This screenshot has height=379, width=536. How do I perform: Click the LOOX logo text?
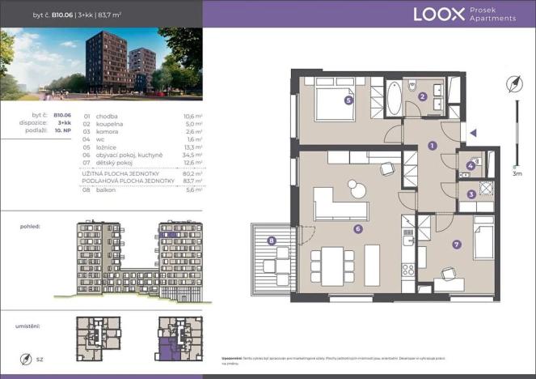tap(438, 14)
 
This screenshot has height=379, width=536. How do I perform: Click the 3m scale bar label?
tap(517, 173)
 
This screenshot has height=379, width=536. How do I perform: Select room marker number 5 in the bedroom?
tap(348, 101)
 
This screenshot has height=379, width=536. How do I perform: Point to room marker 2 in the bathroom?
tap(423, 97)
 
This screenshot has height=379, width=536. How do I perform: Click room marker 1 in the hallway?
tap(433, 146)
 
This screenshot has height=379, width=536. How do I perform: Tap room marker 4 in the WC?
tap(471, 166)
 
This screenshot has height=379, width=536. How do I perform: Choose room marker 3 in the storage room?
tap(472, 194)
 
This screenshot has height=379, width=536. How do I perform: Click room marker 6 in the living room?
tap(357, 229)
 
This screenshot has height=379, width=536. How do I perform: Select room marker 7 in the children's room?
tap(457, 244)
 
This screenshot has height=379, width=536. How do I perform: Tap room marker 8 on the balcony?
tap(272, 240)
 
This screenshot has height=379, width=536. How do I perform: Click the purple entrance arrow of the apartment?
tap(475, 133)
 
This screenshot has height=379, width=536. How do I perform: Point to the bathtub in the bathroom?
tap(394, 99)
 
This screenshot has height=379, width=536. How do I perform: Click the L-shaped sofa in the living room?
tap(339, 205)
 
